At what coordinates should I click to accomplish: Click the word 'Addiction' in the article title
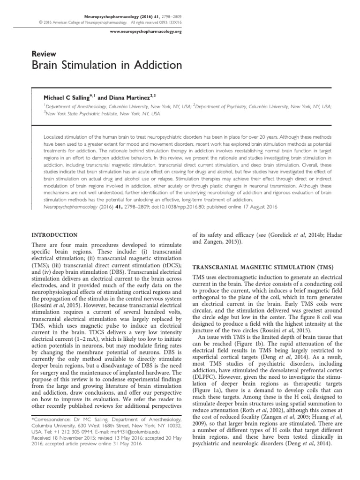click(x=141, y=65)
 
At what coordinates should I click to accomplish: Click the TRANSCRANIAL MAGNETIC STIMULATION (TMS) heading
click(x=263, y=267)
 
